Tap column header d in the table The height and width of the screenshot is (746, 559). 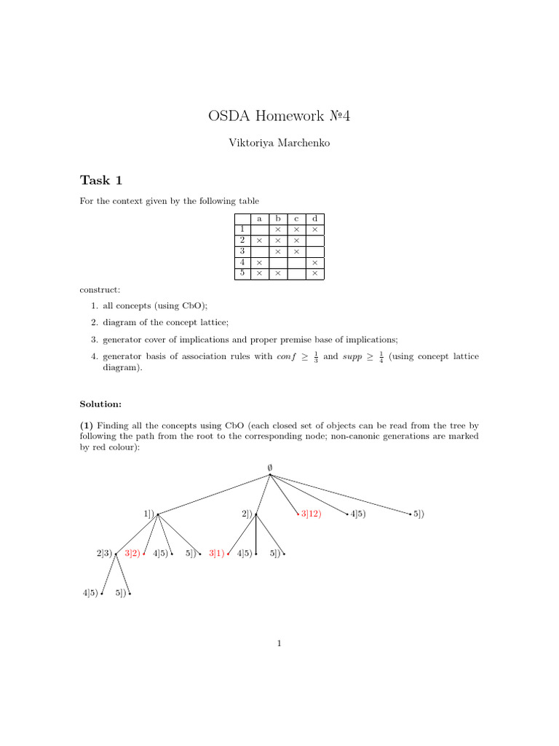314,219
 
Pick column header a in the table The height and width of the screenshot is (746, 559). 259,219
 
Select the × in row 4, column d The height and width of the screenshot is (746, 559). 314,262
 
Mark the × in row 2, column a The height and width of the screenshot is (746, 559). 259,240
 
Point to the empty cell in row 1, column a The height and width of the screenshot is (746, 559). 259,229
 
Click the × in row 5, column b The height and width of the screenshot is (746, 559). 277,273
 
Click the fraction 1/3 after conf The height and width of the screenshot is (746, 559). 316,357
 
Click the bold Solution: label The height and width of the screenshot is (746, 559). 100,404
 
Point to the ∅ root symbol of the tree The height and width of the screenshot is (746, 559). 269,466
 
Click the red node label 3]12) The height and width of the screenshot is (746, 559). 311,514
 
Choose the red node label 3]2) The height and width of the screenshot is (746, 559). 132,554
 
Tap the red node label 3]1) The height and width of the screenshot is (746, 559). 216,554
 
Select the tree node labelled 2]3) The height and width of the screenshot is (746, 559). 104,554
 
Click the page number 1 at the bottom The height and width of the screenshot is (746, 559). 279,643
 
